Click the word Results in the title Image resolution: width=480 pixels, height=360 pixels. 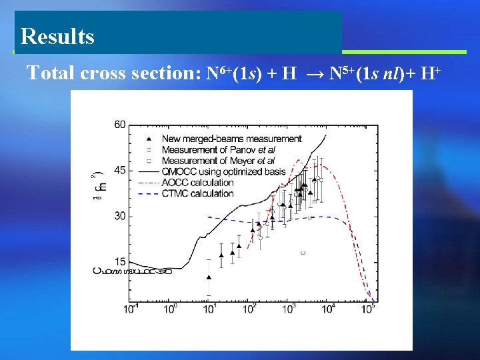tap(57, 36)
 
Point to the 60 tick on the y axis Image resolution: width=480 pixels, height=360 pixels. tap(120, 125)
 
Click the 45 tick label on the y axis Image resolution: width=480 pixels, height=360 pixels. tap(120, 171)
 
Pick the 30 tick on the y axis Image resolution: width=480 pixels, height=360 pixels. tap(120, 216)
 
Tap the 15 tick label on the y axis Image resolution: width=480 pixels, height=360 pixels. tap(120, 261)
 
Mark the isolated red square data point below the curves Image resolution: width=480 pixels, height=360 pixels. tap(303, 253)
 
